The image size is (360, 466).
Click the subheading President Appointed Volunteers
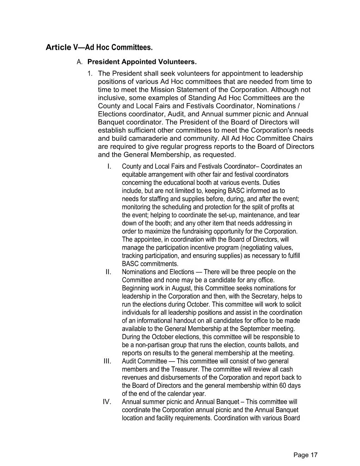tap(142, 62)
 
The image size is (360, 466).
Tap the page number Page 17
tap(305, 455)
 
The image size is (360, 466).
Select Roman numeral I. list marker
tap(109, 166)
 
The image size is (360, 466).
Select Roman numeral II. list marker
tap(109, 272)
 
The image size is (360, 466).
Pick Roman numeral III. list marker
tap(107, 361)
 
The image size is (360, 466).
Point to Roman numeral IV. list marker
tap(107, 402)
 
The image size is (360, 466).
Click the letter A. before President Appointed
tap(79, 62)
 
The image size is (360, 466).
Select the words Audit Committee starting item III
tap(144, 361)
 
